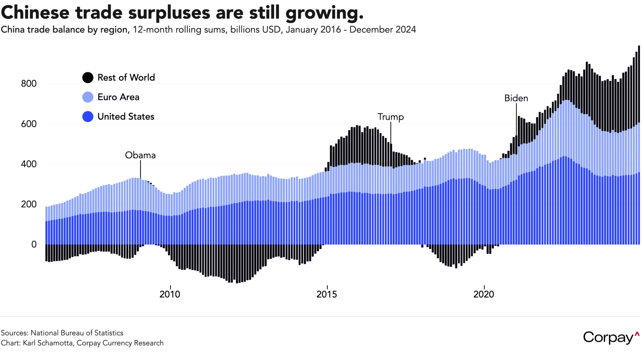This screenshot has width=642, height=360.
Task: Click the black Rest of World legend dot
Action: [x=88, y=78]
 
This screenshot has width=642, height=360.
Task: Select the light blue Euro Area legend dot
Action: [x=88, y=97]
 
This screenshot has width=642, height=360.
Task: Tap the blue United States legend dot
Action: [x=88, y=117]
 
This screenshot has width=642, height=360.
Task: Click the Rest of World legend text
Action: [x=126, y=78]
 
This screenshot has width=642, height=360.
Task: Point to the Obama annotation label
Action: [x=140, y=155]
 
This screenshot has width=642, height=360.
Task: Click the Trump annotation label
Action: [x=391, y=117]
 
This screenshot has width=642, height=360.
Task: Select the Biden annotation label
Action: [x=516, y=98]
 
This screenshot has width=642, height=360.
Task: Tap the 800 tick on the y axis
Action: [x=29, y=84]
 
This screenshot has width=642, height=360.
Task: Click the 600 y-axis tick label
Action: [x=29, y=124]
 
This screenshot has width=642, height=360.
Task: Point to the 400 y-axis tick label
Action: [x=29, y=164]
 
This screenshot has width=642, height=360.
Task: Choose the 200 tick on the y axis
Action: [x=29, y=204]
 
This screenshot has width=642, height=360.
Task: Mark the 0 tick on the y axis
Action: [x=34, y=244]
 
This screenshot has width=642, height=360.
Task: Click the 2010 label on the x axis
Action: [x=170, y=294]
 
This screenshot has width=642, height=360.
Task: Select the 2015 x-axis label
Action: [x=327, y=294]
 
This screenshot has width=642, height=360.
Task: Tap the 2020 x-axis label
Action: [x=484, y=294]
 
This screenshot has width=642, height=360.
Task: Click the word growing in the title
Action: [x=324, y=13]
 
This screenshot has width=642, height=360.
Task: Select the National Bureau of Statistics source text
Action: [x=77, y=333]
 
